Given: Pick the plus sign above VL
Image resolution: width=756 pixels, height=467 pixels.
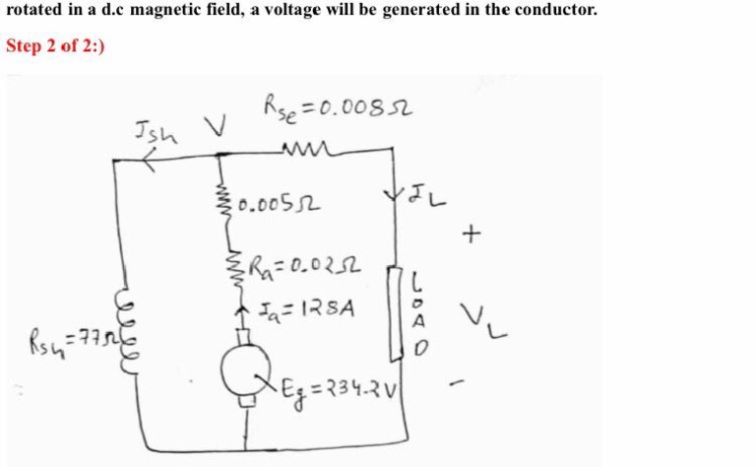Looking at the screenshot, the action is [x=476, y=233].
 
